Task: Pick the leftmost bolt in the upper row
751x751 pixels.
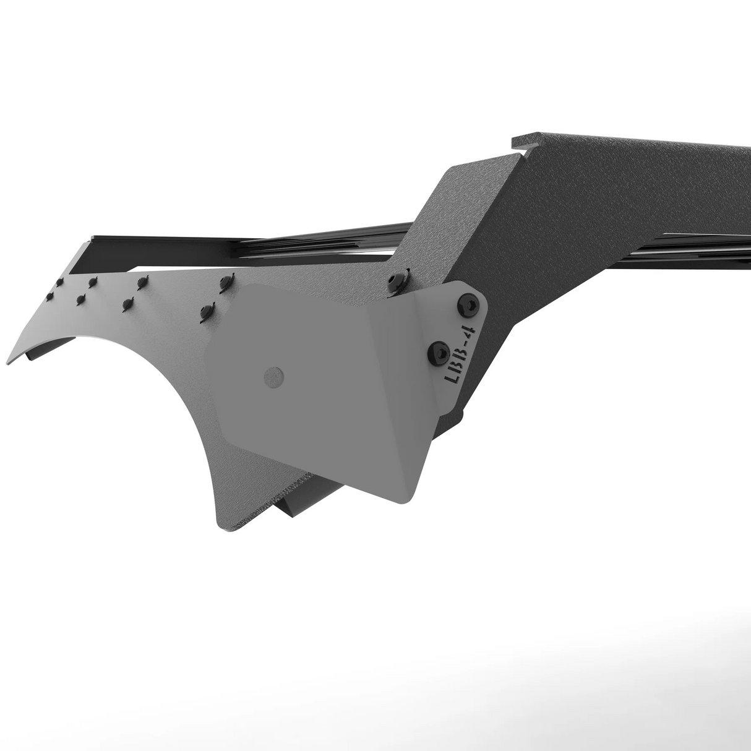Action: tap(59, 281)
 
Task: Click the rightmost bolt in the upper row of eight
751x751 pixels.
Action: tap(223, 282)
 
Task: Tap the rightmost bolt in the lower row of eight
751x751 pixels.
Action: tap(205, 311)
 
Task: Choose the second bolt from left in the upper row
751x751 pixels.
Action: tap(92, 282)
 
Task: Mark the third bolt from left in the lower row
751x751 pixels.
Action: tap(128, 303)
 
